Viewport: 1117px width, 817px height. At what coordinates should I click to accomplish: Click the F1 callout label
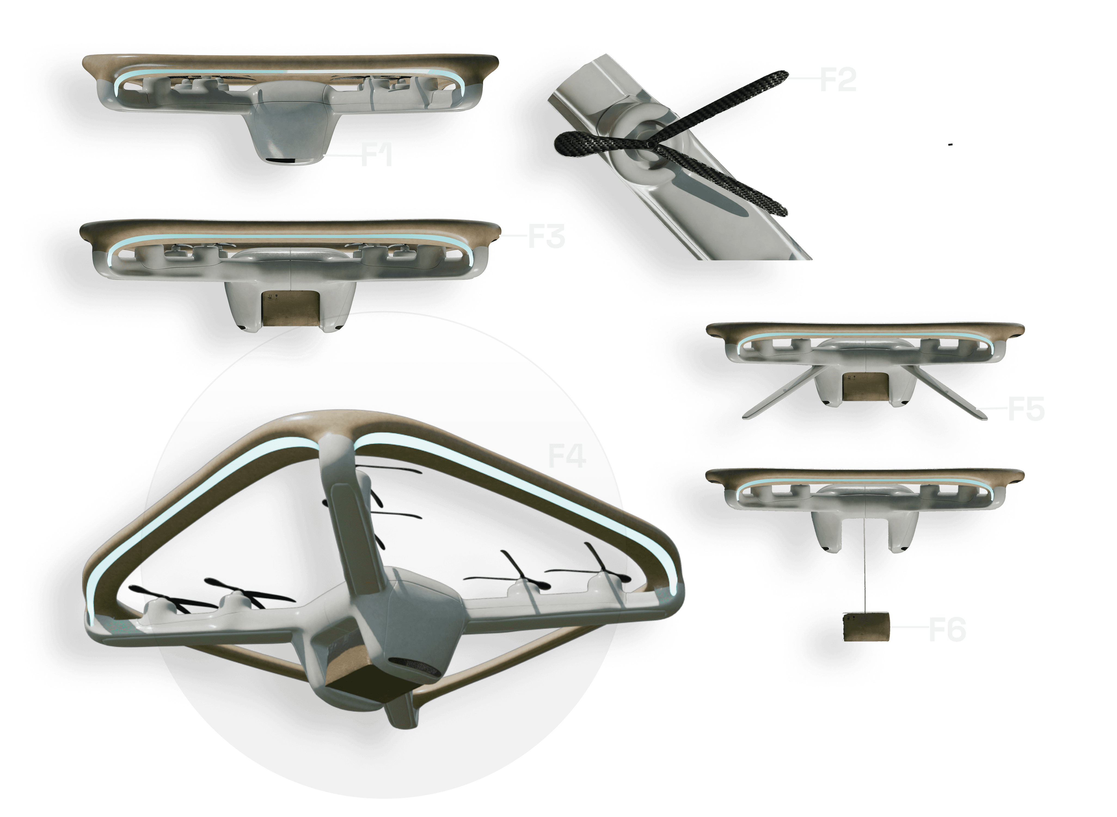[x=377, y=154]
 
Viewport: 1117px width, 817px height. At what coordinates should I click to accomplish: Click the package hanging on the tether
[x=866, y=627]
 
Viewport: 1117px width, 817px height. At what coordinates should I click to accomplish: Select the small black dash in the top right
[x=950, y=144]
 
